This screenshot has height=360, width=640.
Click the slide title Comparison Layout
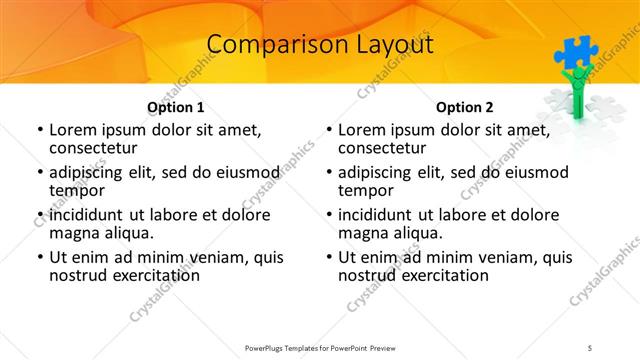[x=320, y=45]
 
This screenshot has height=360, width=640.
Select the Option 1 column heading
[x=176, y=107]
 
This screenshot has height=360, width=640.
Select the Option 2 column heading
[x=465, y=107]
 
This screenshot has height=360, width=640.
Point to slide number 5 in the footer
[x=590, y=346]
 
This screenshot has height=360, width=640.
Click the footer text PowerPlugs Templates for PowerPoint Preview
[x=320, y=346]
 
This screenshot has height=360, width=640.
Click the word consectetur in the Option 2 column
[x=384, y=148]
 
